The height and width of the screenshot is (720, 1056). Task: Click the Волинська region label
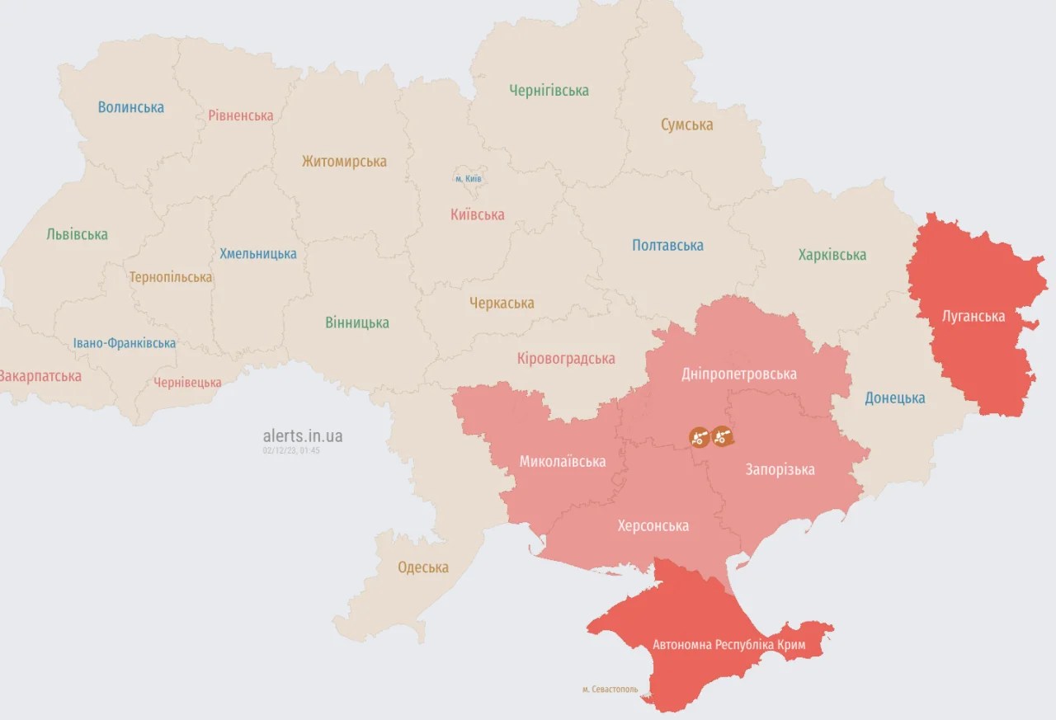[x=130, y=107]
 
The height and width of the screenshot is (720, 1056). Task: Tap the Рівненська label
[x=240, y=115]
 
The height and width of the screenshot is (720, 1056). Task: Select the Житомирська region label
[x=344, y=162]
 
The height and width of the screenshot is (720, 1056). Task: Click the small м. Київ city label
[x=468, y=178]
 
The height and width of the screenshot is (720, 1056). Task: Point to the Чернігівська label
[x=549, y=91]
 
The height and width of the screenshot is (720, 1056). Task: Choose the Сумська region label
[x=686, y=125]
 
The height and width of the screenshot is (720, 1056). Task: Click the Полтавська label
[x=667, y=245]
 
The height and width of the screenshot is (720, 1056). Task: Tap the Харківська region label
[x=832, y=255]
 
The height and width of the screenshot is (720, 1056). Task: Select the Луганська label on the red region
[x=973, y=316]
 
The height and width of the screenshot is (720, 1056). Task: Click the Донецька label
[x=894, y=398]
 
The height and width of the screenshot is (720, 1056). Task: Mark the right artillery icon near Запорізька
[x=722, y=436]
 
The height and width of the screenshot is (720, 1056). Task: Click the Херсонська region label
[x=653, y=526]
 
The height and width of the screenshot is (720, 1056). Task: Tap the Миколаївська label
[x=562, y=462]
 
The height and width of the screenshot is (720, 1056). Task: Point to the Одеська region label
[x=423, y=567]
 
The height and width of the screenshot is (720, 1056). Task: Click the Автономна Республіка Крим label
[x=728, y=644]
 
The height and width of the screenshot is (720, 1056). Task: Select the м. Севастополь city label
[x=610, y=689]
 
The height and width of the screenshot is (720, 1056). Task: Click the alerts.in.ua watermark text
[x=303, y=436]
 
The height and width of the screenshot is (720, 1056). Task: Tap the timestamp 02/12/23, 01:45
[x=291, y=450]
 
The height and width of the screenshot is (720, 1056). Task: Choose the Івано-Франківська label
[x=124, y=343]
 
